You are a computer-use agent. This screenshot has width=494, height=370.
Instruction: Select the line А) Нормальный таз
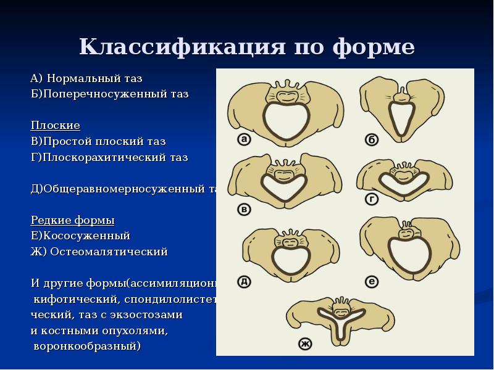point(86,78)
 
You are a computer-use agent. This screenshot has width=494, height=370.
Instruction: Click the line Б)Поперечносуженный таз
point(110,94)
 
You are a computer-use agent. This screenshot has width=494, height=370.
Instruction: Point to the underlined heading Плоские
point(56,126)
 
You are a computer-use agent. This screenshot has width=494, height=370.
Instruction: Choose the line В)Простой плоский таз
point(98,141)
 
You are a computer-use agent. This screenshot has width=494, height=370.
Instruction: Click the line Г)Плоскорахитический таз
point(109,157)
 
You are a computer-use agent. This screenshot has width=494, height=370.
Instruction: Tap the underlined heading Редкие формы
point(73,220)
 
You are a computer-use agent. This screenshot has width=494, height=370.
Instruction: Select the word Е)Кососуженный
point(80,236)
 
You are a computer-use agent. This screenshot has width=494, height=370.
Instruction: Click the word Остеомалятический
point(126,252)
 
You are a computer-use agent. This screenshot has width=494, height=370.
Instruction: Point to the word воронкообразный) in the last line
point(86,346)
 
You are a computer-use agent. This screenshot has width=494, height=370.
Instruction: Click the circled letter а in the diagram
point(244,140)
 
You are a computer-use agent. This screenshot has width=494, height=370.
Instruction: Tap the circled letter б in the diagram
point(372,141)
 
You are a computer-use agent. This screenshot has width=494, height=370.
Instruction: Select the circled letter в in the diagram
point(245,210)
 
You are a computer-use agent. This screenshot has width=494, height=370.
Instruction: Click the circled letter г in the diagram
point(372,199)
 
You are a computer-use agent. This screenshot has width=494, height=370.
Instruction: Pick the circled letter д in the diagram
point(244,282)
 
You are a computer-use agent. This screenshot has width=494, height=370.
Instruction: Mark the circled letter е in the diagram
point(372,282)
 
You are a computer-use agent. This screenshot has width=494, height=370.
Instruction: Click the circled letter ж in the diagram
point(304,343)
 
